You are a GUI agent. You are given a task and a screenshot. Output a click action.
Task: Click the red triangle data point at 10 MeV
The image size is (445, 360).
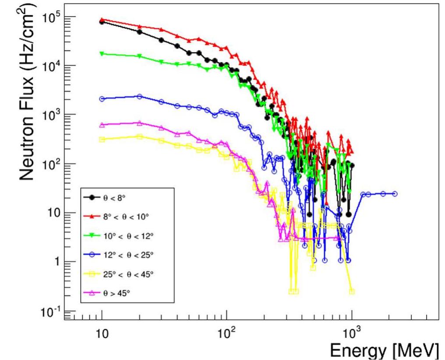point(102,20)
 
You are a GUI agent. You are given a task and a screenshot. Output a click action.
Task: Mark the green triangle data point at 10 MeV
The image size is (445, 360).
point(102,53)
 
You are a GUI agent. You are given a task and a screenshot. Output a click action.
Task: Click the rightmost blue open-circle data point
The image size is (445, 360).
point(395,194)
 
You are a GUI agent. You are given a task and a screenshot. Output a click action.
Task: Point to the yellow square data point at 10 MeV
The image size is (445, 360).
point(102,139)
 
